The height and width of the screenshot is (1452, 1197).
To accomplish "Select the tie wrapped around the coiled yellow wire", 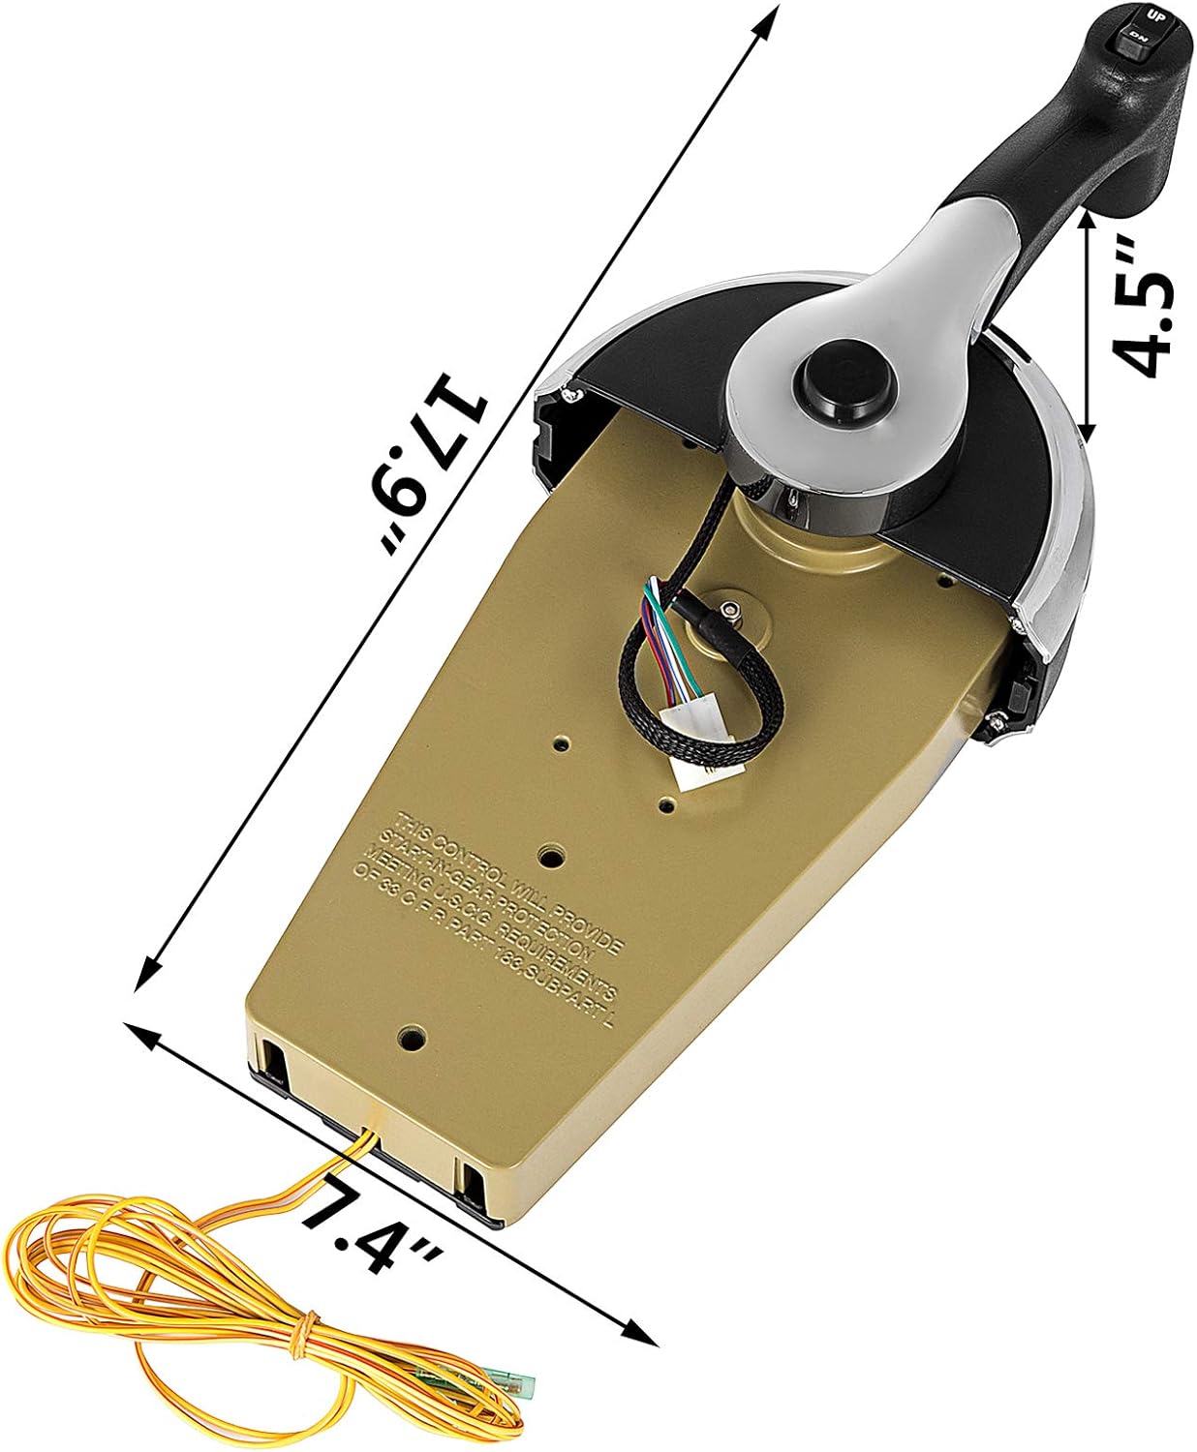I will point(308,1325).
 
